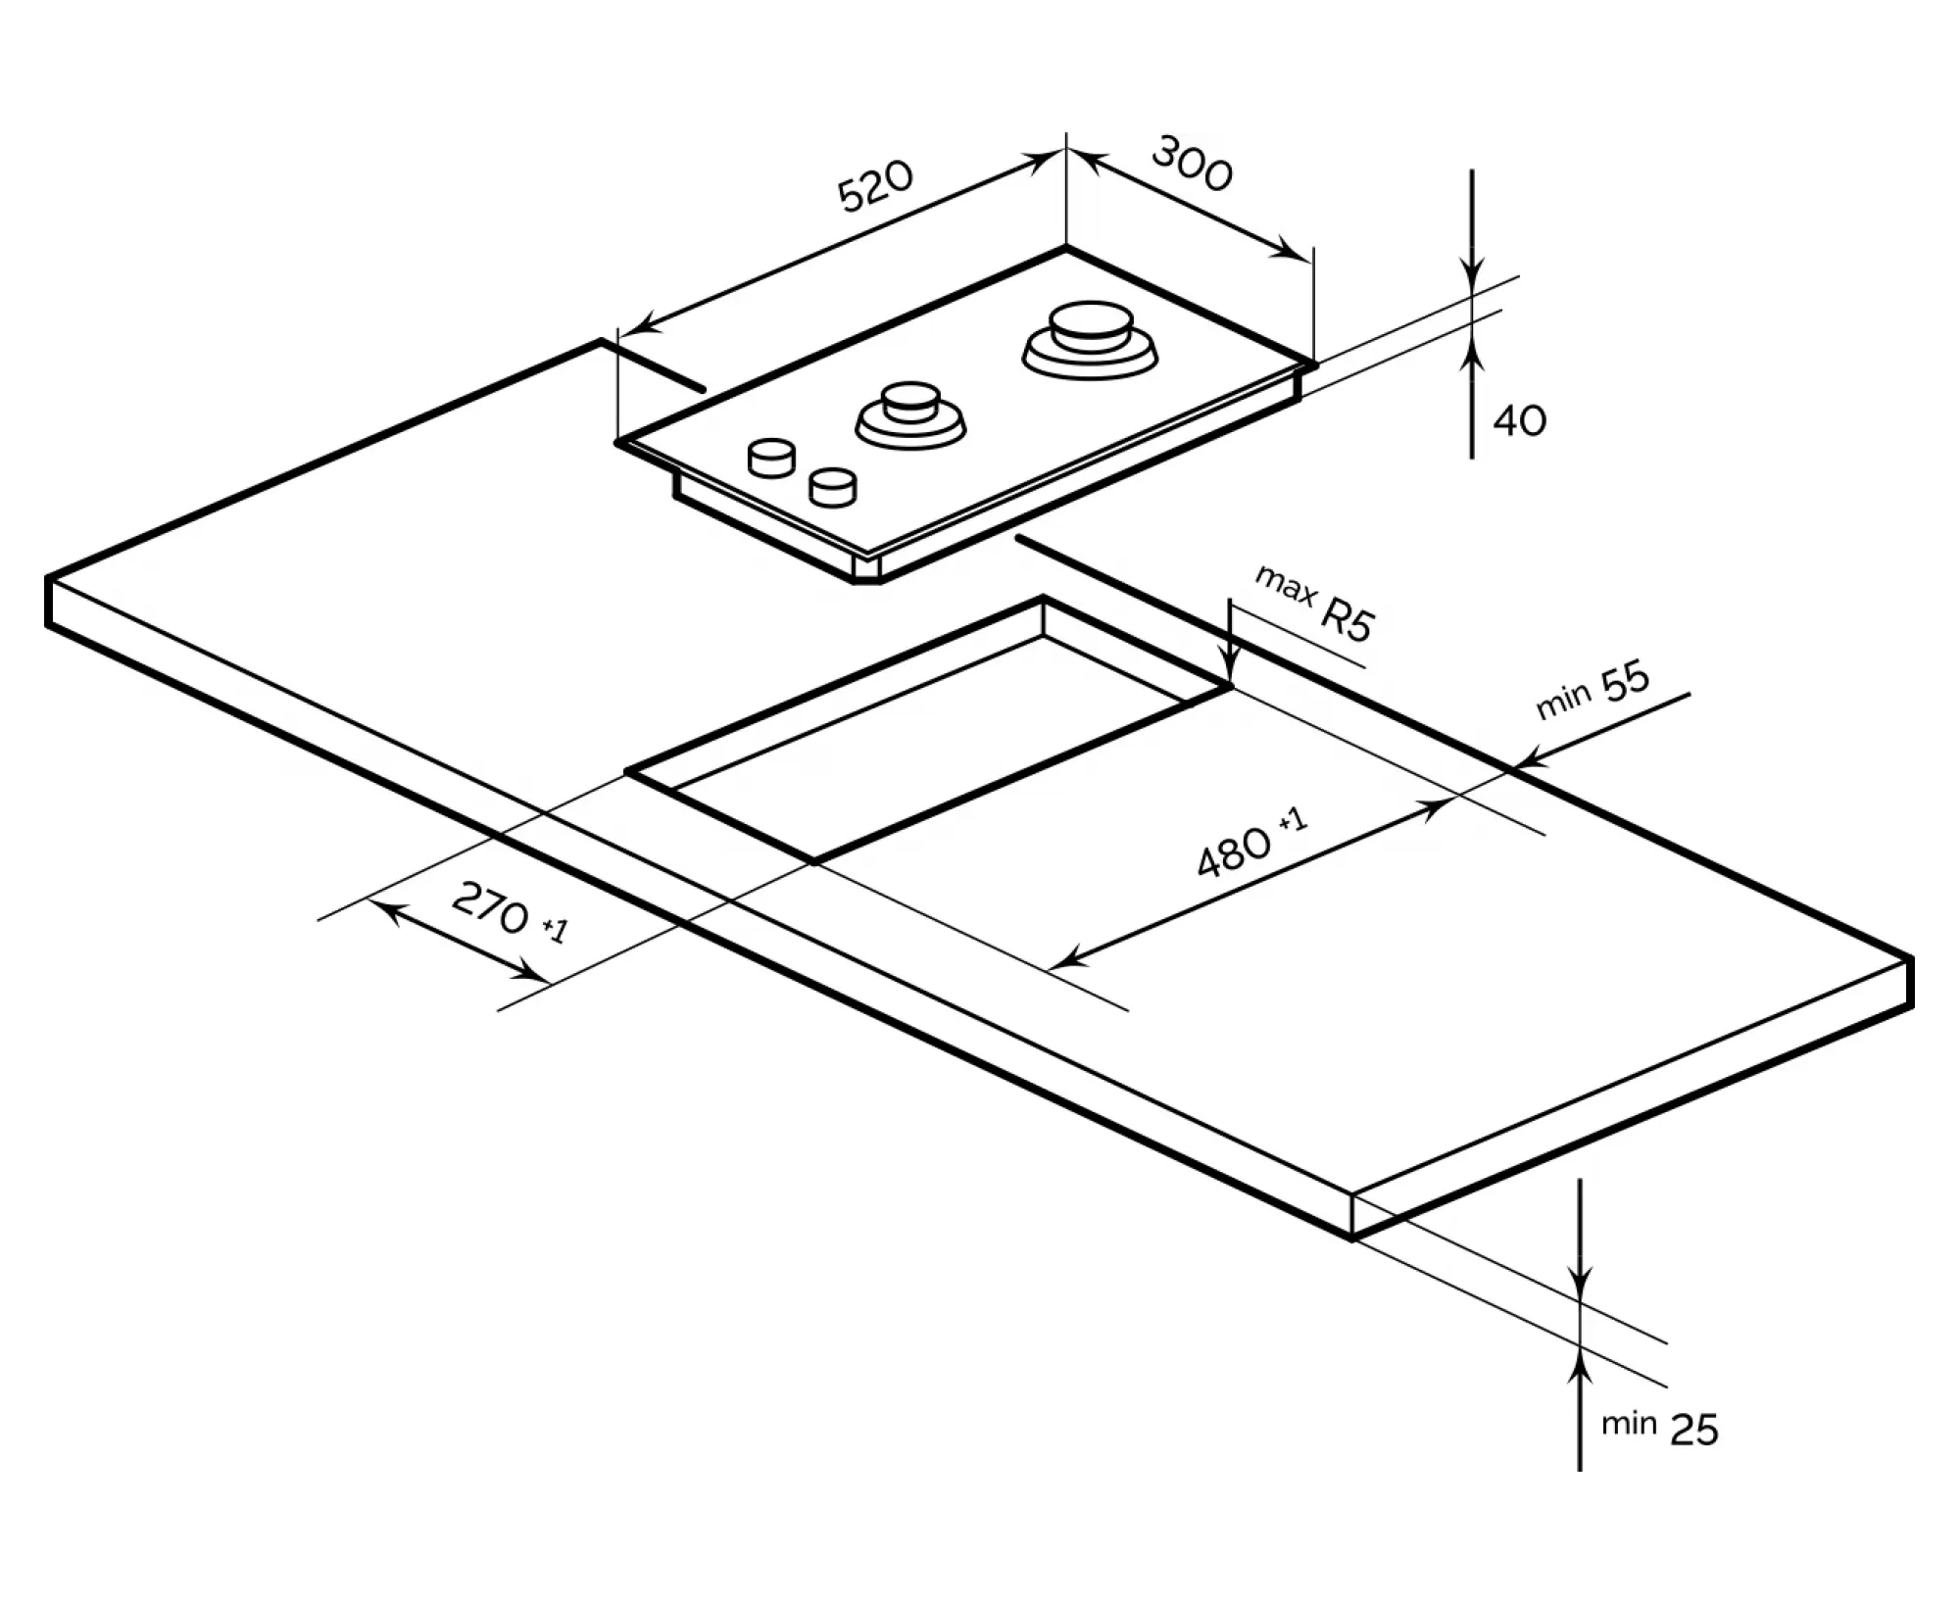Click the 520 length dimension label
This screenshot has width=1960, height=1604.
tap(875, 185)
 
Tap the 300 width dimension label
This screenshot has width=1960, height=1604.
tap(1191, 165)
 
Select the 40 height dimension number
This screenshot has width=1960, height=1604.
tap(1519, 420)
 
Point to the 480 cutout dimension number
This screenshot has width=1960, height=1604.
tap(1234, 851)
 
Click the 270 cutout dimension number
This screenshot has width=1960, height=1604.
tap(490, 907)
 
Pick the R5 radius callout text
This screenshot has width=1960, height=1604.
tap(1348, 619)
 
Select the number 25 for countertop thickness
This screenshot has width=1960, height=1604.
tap(1694, 1431)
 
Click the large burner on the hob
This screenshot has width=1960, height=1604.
tap(1090, 339)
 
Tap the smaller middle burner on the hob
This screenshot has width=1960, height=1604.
tap(910, 414)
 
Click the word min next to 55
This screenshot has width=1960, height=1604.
tap(1563, 702)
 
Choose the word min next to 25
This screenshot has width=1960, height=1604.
tap(1628, 1424)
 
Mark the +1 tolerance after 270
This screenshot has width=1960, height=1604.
tap(555, 927)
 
